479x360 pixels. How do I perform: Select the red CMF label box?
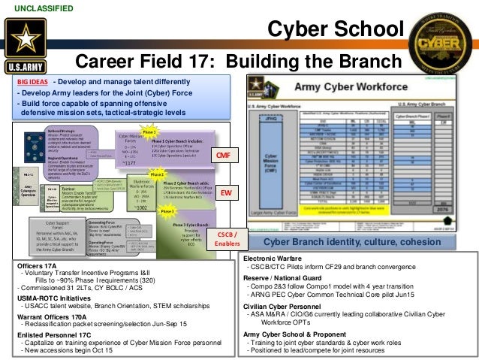223,155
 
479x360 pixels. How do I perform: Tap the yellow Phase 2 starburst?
157,174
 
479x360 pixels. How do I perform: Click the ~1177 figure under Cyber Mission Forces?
128,162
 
